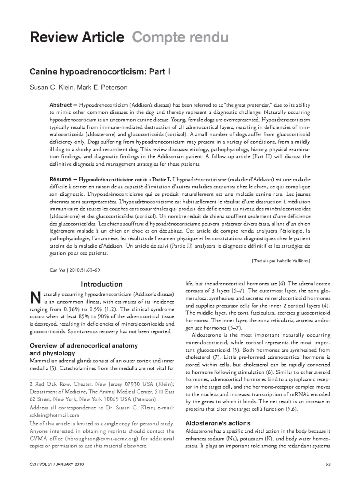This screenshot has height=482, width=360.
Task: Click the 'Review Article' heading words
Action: [x=76, y=38]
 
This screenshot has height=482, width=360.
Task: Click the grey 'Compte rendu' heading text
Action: [x=180, y=38]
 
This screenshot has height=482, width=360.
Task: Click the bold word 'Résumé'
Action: [x=60, y=179]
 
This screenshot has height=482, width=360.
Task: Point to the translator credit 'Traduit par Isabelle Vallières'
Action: [x=280, y=261]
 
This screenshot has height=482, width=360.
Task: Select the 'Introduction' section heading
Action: [x=102, y=284]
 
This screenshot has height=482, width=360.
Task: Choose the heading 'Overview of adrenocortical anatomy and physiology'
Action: [x=84, y=349]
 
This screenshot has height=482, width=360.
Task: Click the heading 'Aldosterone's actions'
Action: [x=218, y=423]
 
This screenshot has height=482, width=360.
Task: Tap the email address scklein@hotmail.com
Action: [x=54, y=415]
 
